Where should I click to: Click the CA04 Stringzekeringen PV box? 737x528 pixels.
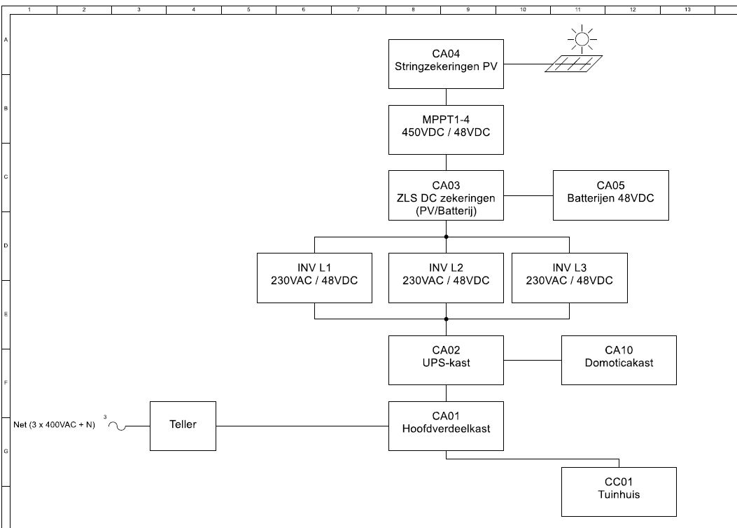tap(446, 64)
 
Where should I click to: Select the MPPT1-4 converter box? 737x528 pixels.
tap(446, 130)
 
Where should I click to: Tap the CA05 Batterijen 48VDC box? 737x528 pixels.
tap(610, 195)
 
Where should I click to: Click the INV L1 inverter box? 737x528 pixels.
tap(314, 278)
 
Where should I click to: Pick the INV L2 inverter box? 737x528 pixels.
tap(446, 278)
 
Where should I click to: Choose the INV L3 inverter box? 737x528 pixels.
tap(569, 278)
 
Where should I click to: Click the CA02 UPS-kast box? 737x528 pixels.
tap(446, 360)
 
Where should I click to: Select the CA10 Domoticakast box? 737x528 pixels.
tap(619, 360)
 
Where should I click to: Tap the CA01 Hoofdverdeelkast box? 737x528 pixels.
tap(446, 426)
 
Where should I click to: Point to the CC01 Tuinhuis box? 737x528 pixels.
tap(619, 492)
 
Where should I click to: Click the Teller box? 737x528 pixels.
tap(183, 426)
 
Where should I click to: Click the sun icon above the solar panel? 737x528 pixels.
tap(582, 39)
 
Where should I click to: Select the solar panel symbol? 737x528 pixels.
tap(573, 64)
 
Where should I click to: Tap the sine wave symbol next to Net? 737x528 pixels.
tap(117, 426)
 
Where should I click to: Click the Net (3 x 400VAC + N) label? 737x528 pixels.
tap(54, 424)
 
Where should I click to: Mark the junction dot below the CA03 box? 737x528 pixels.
tap(446, 237)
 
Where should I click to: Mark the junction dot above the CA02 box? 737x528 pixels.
tap(446, 319)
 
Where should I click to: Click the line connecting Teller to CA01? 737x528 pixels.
tap(302, 426)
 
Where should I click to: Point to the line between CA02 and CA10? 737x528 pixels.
tap(533, 361)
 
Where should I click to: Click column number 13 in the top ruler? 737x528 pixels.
tap(687, 9)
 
